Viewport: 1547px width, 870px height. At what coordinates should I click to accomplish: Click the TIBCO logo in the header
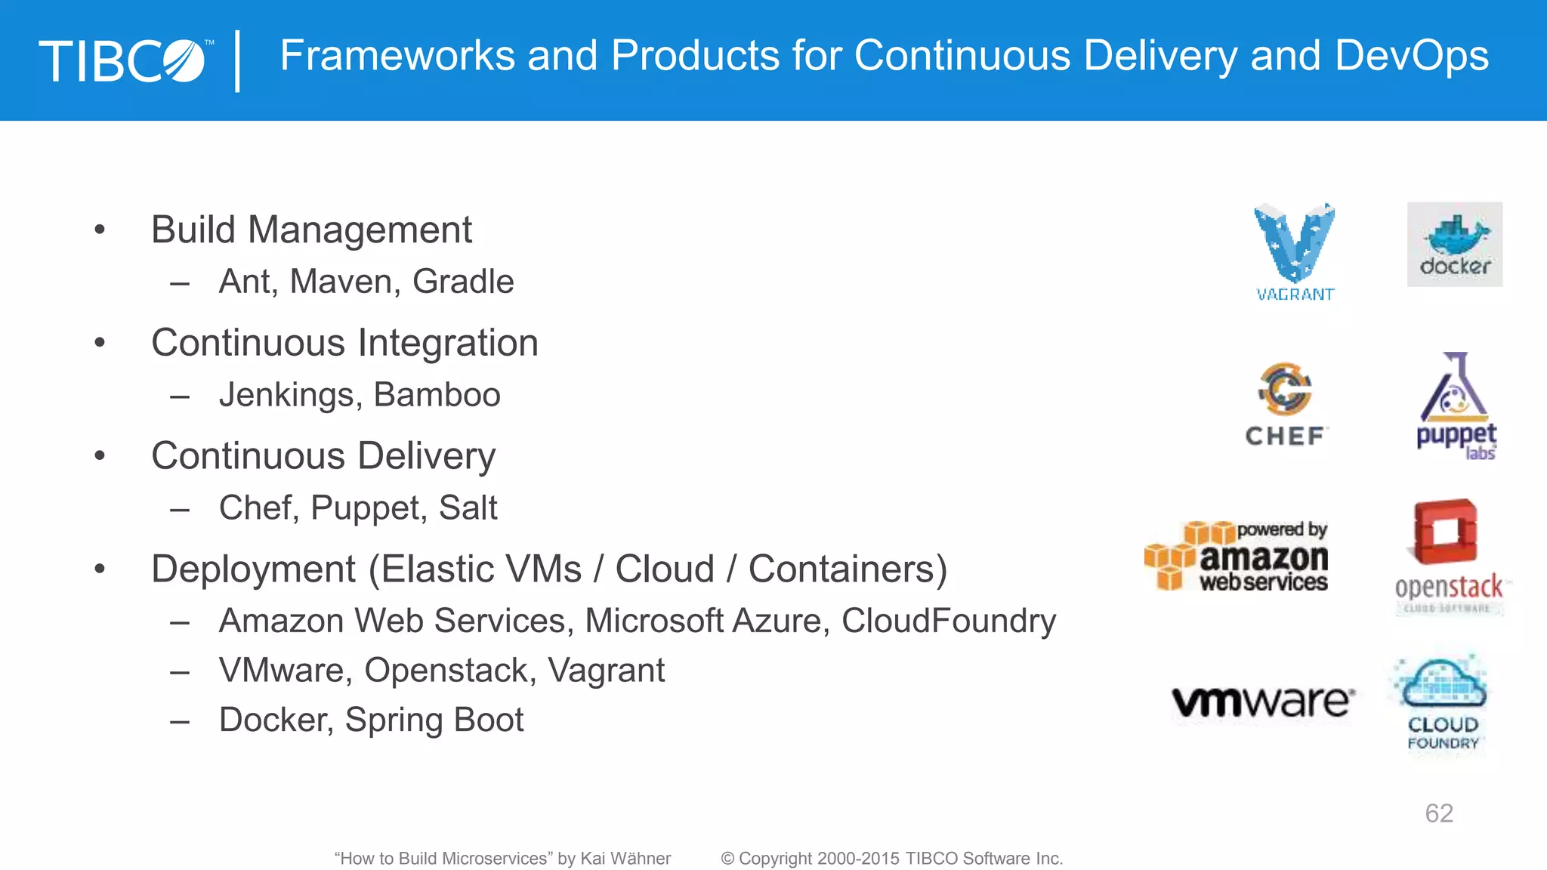point(125,60)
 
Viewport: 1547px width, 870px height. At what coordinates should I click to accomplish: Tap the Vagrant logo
point(1295,251)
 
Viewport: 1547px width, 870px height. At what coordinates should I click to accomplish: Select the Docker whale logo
point(1454,244)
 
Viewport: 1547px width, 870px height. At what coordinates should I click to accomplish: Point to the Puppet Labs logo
point(1456,406)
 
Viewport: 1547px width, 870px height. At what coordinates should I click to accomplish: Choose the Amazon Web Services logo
point(1237,556)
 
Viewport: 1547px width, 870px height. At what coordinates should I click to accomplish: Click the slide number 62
point(1438,813)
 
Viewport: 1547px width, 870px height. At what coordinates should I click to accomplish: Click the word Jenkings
point(290,395)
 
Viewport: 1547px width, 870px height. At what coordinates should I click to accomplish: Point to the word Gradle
point(463,282)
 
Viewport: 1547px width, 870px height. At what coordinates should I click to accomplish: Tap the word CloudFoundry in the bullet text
point(948,621)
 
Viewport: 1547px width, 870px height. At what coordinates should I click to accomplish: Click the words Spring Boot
point(434,720)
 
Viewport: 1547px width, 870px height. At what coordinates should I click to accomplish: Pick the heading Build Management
point(311,230)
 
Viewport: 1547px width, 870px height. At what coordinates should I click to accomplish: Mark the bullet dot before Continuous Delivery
point(100,456)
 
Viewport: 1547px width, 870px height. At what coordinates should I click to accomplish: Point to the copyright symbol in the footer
point(727,859)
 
